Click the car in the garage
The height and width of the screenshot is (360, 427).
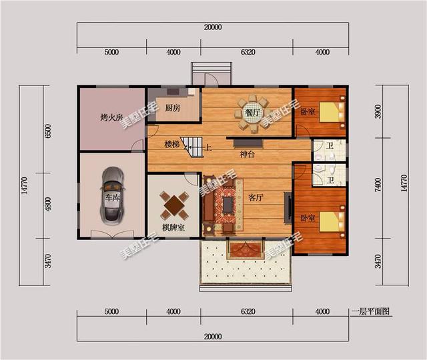(112, 195)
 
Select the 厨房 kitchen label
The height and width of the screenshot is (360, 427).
(173, 108)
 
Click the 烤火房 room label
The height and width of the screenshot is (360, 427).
(112, 117)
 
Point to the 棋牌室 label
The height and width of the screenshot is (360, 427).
(173, 227)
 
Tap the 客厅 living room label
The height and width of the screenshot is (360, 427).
(256, 197)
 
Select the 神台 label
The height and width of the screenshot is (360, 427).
(247, 154)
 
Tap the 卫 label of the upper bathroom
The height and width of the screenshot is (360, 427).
(330, 146)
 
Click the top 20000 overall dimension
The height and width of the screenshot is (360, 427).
(213, 27)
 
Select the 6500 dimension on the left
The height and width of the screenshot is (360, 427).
(48, 131)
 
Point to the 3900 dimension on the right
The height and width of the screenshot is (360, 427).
(378, 111)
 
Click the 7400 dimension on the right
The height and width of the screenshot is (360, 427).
(378, 185)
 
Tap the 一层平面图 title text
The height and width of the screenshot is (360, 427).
(371, 311)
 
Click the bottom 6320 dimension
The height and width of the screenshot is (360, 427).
(248, 311)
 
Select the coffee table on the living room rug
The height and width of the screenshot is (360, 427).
(228, 205)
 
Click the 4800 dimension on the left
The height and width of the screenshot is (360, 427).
(48, 204)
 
